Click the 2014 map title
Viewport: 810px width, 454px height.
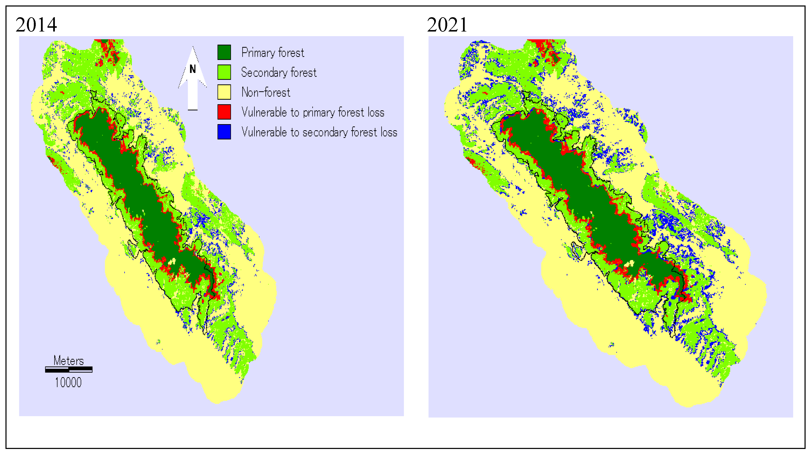(36, 25)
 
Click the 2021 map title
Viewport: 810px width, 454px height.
(447, 25)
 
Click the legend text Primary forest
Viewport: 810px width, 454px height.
(273, 53)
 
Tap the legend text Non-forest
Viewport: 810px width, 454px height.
(266, 92)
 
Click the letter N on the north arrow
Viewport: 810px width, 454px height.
(193, 69)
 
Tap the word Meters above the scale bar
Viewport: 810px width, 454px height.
(69, 360)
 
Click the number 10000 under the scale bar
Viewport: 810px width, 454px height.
(68, 382)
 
